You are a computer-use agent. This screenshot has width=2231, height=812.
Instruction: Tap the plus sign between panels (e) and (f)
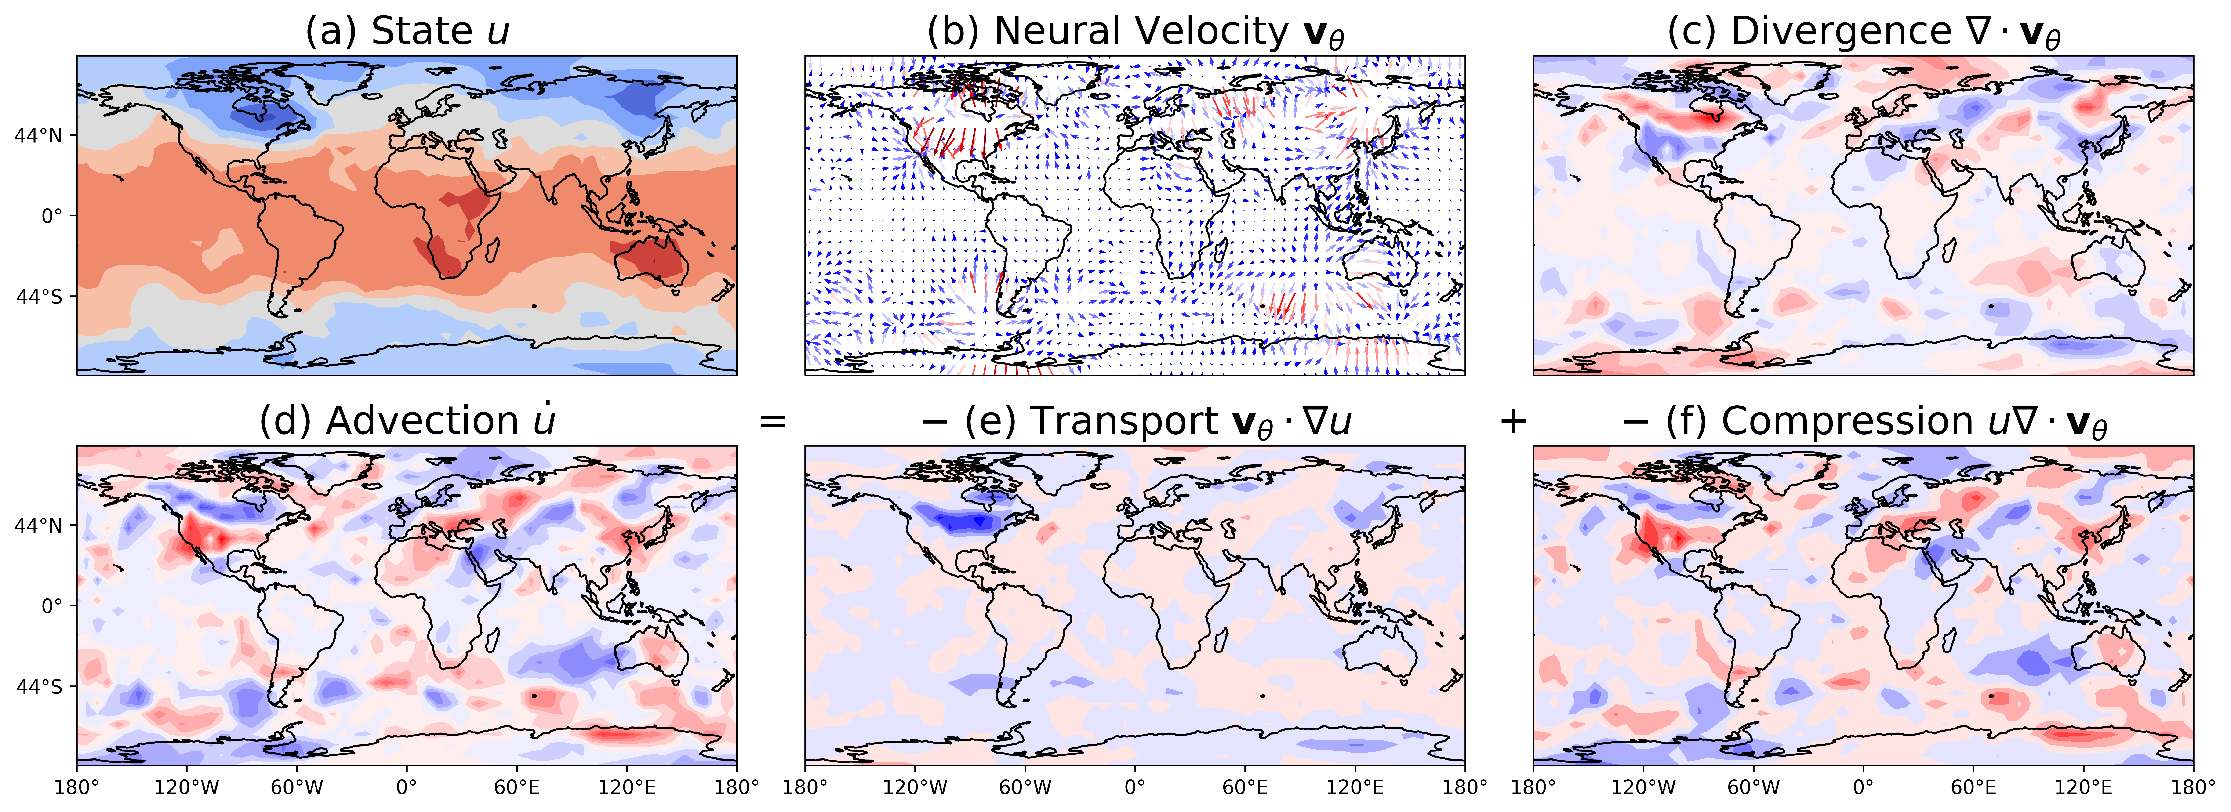pos(1513,422)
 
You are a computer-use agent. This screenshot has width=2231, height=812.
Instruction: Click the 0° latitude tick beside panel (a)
pos(52,216)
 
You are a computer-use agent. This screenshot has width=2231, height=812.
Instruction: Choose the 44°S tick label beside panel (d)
pos(38,686)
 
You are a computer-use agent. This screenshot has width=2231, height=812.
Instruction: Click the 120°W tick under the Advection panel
pos(187,788)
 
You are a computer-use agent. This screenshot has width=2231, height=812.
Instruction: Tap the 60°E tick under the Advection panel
pos(517,788)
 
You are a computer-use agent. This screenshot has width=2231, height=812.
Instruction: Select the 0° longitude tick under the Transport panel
pos(1134,788)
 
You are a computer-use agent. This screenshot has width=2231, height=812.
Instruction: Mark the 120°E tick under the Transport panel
pos(1355,788)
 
